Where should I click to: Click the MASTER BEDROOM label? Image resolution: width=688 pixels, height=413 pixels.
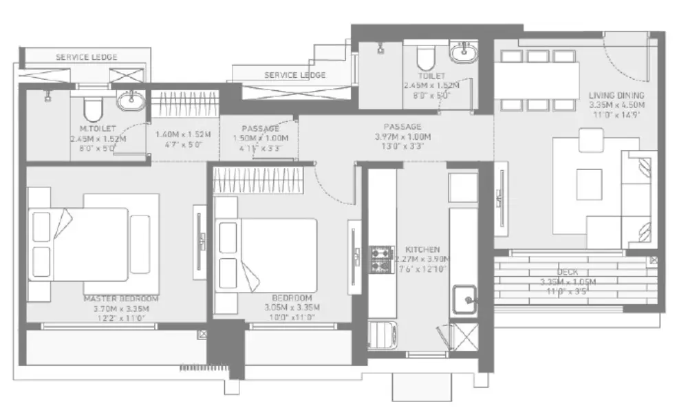pos(121,299)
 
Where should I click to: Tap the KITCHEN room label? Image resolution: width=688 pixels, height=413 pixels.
pos(422,249)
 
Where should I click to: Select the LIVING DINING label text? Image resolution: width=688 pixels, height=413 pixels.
pos(616,95)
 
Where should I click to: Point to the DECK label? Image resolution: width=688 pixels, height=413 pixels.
pos(568,273)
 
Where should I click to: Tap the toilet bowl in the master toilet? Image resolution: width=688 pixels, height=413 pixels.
pos(92,109)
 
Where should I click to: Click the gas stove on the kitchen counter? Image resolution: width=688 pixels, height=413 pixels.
pos(380,259)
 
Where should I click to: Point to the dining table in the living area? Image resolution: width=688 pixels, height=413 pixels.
pos(535,81)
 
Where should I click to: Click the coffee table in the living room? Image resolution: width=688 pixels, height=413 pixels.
pos(589,183)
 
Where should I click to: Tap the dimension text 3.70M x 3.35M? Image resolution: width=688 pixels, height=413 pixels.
pos(121,308)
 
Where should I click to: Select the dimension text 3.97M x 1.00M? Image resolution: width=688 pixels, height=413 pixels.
pos(402,136)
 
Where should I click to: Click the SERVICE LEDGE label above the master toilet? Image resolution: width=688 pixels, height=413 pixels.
pos(86,57)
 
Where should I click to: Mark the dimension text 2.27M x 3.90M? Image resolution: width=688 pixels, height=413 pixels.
pos(422,259)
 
